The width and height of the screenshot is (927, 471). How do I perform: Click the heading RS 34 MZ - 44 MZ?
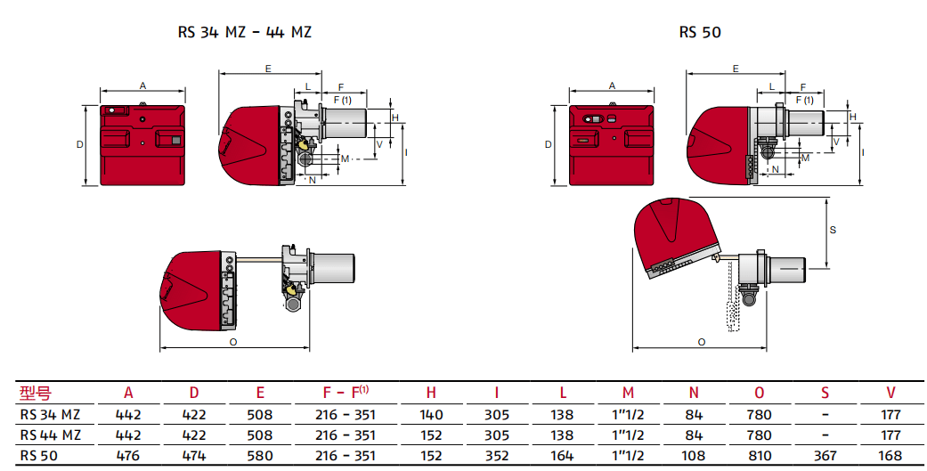pyautogui.click(x=245, y=32)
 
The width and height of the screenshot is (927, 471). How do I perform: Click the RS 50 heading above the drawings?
pyautogui.click(x=699, y=32)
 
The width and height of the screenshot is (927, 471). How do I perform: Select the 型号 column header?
pyautogui.click(x=36, y=393)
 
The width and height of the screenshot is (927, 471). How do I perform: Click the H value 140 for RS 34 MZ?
pyautogui.click(x=431, y=414)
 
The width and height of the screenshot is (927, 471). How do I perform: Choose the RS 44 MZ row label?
pyautogui.click(x=51, y=435)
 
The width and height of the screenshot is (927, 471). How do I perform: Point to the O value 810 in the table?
pyautogui.click(x=760, y=456)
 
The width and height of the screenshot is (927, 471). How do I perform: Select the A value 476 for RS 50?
pyautogui.click(x=128, y=456)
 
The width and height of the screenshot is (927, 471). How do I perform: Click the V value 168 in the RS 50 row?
pyautogui.click(x=890, y=456)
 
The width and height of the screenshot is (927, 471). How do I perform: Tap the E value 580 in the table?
pyautogui.click(x=259, y=456)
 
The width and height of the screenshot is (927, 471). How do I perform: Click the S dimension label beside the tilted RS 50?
pyautogui.click(x=833, y=230)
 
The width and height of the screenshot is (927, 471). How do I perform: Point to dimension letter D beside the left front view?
pyautogui.click(x=79, y=144)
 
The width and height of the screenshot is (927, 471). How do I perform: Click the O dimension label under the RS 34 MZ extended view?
pyautogui.click(x=233, y=341)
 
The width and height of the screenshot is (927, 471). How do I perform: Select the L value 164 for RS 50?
pyautogui.click(x=562, y=456)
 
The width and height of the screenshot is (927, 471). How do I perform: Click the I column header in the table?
pyautogui.click(x=497, y=393)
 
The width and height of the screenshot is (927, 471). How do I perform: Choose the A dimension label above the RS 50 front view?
pyautogui.click(x=612, y=85)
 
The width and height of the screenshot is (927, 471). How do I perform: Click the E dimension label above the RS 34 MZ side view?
pyautogui.click(x=268, y=68)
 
